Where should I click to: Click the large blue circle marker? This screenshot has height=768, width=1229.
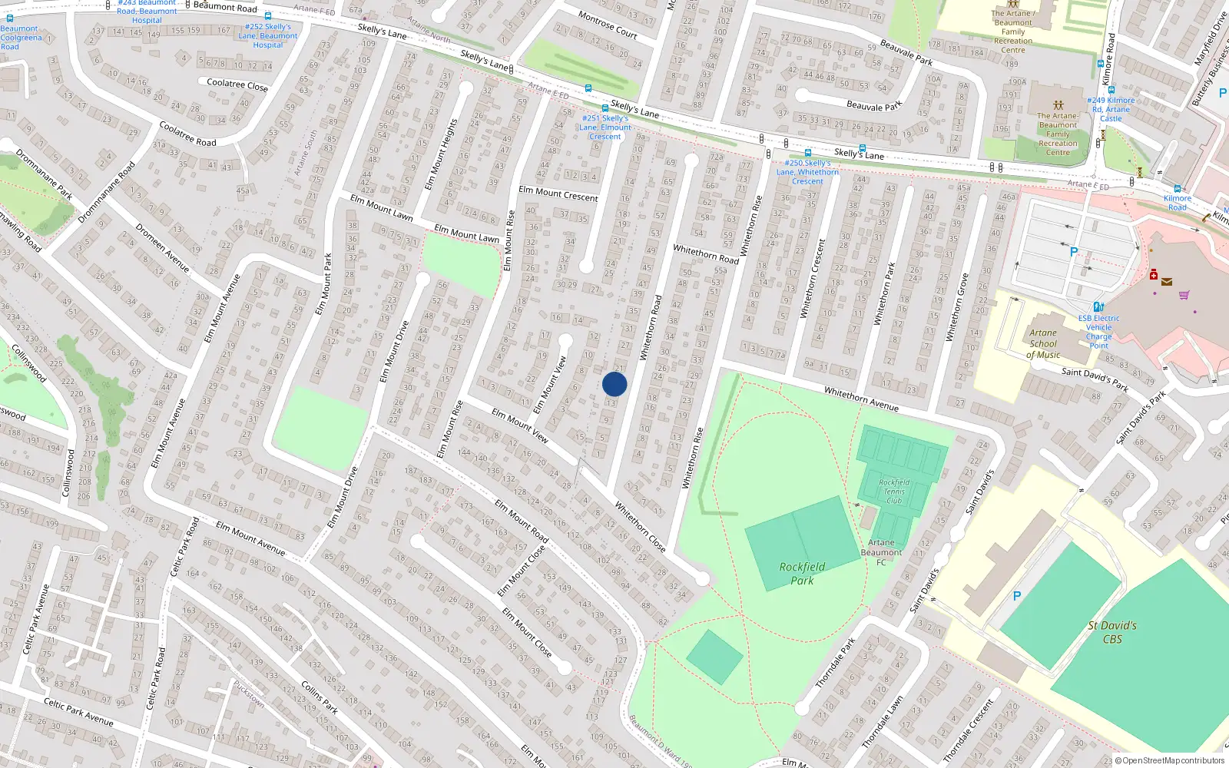coord(614,384)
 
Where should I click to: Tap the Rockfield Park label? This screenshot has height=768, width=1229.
coord(802,573)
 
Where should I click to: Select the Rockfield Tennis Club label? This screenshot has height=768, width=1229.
coord(894,492)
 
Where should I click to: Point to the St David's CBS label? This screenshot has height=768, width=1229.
coord(1112,632)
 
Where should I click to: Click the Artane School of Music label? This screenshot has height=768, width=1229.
coord(1043,343)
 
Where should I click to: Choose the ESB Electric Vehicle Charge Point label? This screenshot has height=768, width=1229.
coord(1098,332)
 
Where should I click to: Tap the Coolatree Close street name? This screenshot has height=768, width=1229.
coord(237,84)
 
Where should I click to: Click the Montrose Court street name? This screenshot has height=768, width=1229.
coord(608,25)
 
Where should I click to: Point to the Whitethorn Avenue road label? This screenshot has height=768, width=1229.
coord(861,399)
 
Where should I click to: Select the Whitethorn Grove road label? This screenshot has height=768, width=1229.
coord(957,307)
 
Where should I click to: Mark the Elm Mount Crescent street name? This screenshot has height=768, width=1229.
coord(558,194)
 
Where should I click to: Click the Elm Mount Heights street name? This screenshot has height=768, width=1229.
coord(442,154)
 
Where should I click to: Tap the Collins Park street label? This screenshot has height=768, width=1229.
coord(320,697)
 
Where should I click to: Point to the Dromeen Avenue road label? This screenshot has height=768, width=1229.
coord(162,247)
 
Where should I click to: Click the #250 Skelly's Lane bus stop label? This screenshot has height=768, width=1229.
coord(807,172)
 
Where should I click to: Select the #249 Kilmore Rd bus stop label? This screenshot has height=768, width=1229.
coord(1111,109)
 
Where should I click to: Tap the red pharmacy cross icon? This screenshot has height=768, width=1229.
coord(1153,274)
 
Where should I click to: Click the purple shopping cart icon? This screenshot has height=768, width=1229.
coord(1184,294)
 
